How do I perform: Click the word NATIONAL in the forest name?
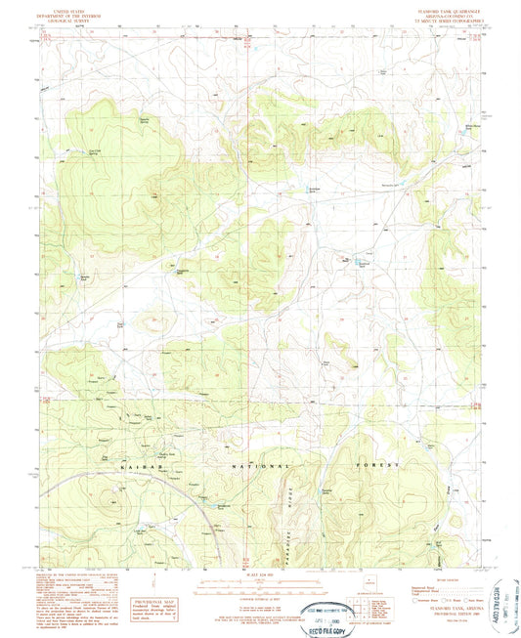pos(253,467)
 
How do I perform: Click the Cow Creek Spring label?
pos(67,150)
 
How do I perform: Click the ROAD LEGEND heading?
pos(446,577)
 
